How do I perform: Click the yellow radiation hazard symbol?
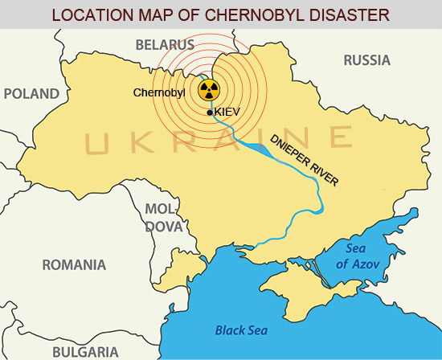(209, 90)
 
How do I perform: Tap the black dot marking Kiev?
(210, 113)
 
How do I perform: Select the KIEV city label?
(229, 114)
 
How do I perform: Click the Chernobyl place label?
(159, 93)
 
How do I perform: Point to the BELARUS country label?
(164, 44)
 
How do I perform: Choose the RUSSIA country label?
(366, 60)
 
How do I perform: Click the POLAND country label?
(31, 93)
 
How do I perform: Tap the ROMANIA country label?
(75, 264)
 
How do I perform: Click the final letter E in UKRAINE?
(340, 137)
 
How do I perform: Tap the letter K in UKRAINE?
(144, 144)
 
